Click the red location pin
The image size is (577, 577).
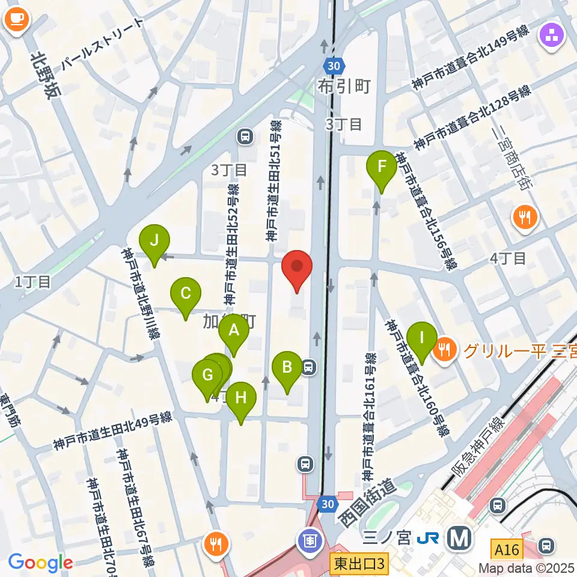(x=297, y=269)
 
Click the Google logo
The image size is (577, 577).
(x=40, y=563)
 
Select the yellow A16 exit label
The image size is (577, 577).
(x=508, y=549)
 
